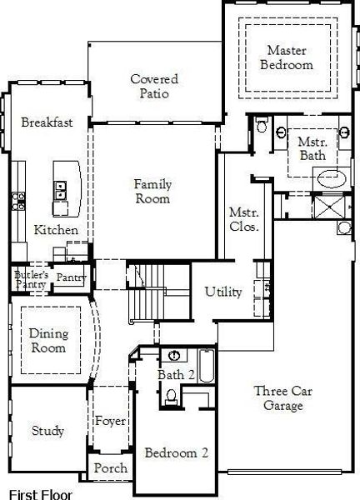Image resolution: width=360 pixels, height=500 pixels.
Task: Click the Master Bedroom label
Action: coord(286,57)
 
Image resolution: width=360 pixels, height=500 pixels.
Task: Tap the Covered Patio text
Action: coord(151,86)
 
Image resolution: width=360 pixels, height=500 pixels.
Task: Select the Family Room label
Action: coord(152,192)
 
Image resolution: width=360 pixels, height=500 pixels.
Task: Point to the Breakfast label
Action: coord(47,122)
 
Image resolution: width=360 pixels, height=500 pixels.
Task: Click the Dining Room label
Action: coord(48,340)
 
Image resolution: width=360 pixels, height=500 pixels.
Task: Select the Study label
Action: coord(47,431)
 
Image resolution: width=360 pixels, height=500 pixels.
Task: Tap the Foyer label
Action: coord(109,420)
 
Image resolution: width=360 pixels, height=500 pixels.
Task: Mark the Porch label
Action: coord(110,468)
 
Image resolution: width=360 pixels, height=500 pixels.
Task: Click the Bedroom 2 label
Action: coord(176,453)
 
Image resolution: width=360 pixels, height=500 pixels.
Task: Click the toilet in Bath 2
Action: coord(171,399)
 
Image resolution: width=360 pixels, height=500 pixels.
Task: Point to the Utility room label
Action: coord(223,292)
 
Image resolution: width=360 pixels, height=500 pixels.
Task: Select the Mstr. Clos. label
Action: coord(244,218)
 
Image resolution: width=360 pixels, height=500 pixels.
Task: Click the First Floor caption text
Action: coord(41,491)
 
